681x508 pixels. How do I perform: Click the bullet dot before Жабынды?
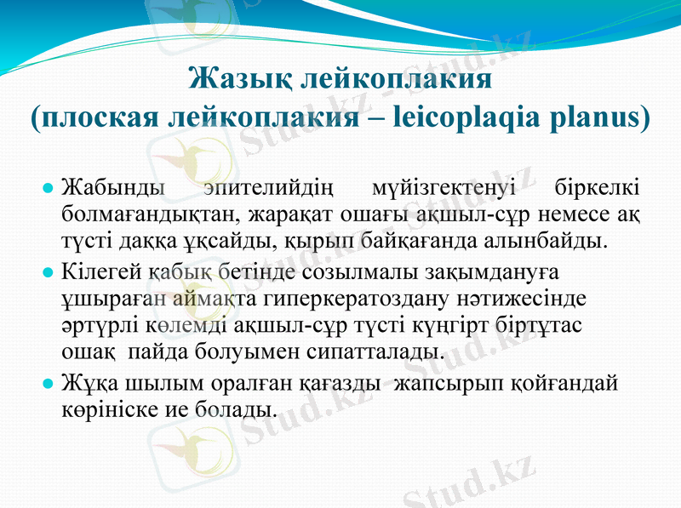[49, 186]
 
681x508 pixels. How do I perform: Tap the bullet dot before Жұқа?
[49, 383]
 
